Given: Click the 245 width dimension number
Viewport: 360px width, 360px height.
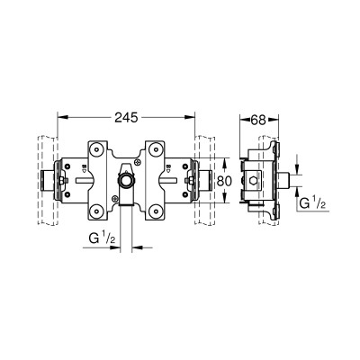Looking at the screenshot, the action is (x=126, y=117).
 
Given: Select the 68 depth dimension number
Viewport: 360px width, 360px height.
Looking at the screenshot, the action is (x=258, y=120).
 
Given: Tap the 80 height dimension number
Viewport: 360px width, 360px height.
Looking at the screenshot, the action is (x=224, y=181).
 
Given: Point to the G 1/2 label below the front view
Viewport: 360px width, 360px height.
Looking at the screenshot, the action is (x=102, y=238).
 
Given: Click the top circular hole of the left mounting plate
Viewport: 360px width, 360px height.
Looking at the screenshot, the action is (x=96, y=149).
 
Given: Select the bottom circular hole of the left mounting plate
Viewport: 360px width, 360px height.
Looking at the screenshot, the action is (x=96, y=210).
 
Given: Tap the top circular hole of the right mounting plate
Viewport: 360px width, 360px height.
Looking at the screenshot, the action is (x=155, y=149).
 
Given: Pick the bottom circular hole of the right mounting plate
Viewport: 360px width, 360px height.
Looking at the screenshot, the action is (x=155, y=210).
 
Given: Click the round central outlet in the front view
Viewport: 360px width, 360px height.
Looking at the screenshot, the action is (x=126, y=180).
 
